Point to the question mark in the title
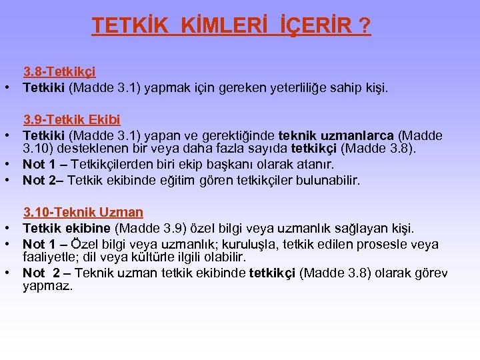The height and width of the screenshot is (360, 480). coord(365,26)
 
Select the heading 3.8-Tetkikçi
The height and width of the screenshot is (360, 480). coord(59,72)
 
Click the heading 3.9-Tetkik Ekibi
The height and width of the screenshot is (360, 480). coord(72,120)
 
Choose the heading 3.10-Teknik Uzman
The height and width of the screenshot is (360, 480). coord(83,213)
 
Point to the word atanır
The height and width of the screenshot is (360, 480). coord(313,164)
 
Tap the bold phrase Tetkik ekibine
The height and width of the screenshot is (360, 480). coord(67,229)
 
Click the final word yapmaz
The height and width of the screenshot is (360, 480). coord(47,285)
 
